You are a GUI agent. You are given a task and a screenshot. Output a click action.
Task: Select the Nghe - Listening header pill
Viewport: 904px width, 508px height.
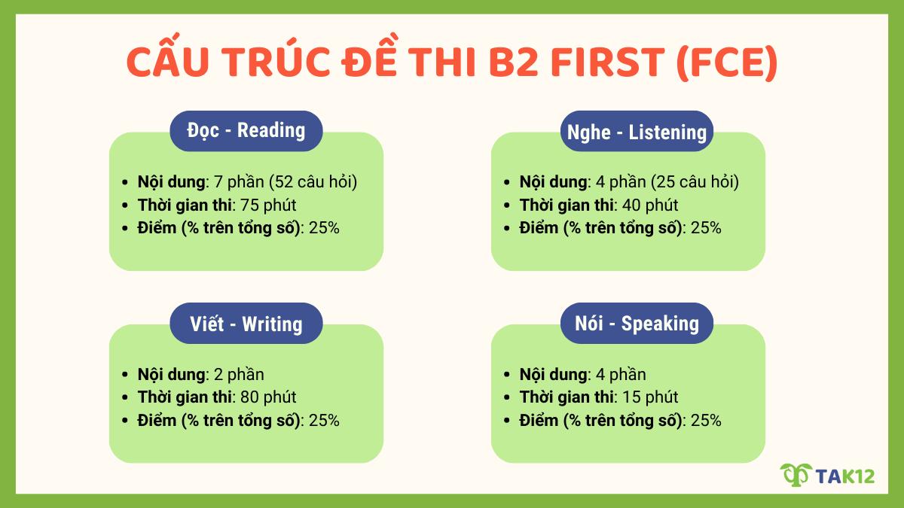click(x=636, y=132)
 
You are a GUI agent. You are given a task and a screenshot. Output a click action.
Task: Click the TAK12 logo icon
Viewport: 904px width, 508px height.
click(x=794, y=476)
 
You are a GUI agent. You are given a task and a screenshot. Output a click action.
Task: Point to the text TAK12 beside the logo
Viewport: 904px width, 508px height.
click(x=844, y=476)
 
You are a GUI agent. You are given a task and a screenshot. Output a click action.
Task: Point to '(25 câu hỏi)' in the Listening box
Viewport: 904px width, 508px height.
click(x=694, y=182)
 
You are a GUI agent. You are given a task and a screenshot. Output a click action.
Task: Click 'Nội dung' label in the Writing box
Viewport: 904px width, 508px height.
click(x=172, y=374)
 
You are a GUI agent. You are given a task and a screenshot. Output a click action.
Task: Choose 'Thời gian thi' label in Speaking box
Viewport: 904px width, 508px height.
click(x=565, y=397)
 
